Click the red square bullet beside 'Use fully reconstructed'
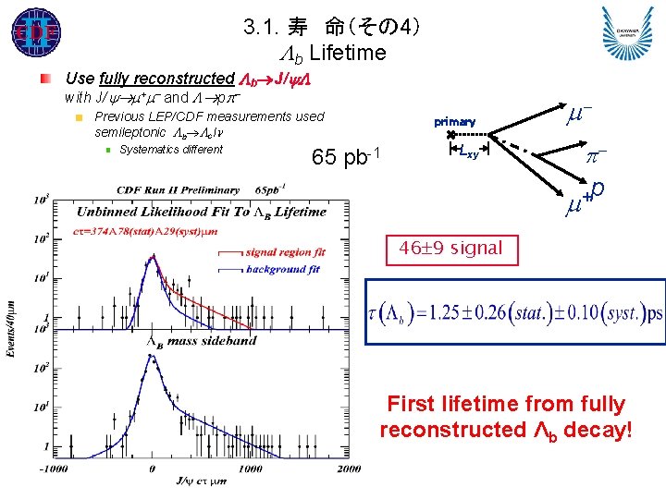45,79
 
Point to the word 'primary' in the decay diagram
454,122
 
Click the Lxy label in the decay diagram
469,153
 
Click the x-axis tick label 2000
348,469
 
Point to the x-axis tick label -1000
55,469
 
